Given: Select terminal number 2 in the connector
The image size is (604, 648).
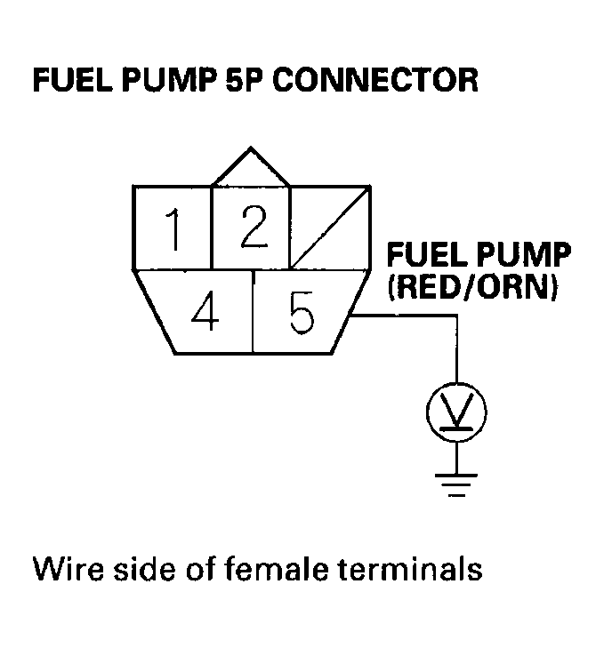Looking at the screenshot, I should coord(251,228).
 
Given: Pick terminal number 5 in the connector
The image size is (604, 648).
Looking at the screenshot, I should coord(300,313).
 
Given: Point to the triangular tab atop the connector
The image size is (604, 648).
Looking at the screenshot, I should coord(251,169).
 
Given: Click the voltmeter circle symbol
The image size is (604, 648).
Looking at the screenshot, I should coord(456,410).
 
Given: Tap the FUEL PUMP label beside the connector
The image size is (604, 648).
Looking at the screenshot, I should coord(477,257).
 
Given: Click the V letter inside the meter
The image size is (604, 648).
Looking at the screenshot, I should coord(456,410).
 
